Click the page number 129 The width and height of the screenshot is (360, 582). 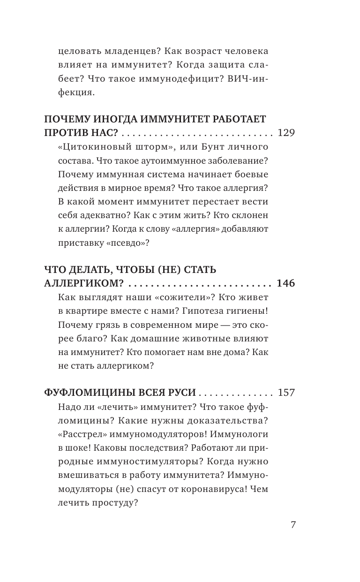click(286, 133)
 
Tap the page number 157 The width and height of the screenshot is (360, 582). click(286, 393)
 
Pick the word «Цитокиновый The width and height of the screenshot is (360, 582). click(90, 148)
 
